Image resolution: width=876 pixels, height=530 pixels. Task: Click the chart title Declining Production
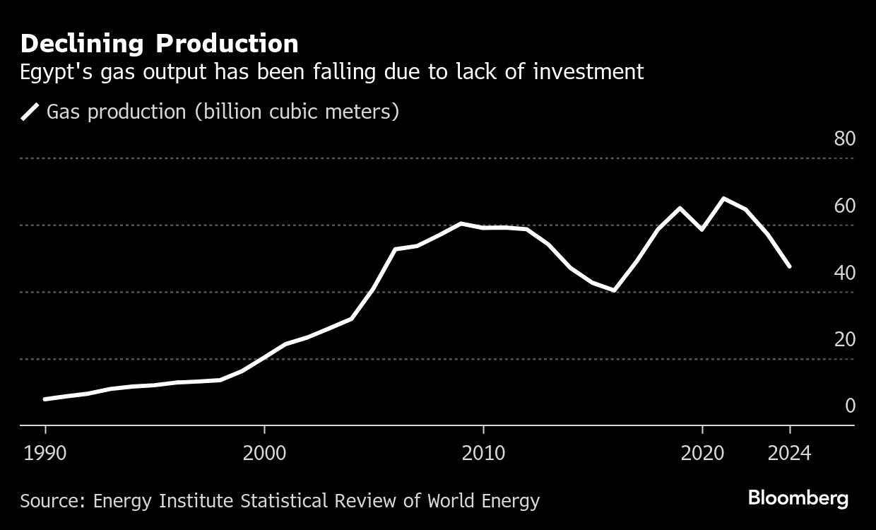tap(159, 44)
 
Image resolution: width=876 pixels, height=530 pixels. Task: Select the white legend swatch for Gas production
tap(30, 112)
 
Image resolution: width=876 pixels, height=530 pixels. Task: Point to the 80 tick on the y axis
tap(844, 139)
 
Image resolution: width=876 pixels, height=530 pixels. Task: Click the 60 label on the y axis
tap(844, 206)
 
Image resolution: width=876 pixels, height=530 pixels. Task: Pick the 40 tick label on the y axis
tap(844, 272)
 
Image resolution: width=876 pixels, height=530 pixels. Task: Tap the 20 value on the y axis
tap(844, 339)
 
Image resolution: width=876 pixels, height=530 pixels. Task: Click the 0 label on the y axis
tap(850, 406)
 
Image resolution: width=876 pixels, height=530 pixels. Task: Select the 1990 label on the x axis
tap(45, 453)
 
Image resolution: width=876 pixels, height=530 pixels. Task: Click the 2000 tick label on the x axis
tap(264, 453)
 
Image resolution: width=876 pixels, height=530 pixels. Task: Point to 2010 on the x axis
tap(483, 453)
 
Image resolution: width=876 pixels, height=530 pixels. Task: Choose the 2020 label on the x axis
tap(702, 453)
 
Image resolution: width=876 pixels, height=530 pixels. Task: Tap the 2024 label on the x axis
tap(789, 453)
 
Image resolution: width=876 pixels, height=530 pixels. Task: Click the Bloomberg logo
tap(798, 498)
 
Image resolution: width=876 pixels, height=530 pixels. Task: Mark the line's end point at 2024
tap(789, 266)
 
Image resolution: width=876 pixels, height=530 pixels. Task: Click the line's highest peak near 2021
tap(723, 199)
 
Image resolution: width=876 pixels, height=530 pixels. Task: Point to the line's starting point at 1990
tap(45, 399)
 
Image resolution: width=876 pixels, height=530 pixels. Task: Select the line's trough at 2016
tap(615, 290)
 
